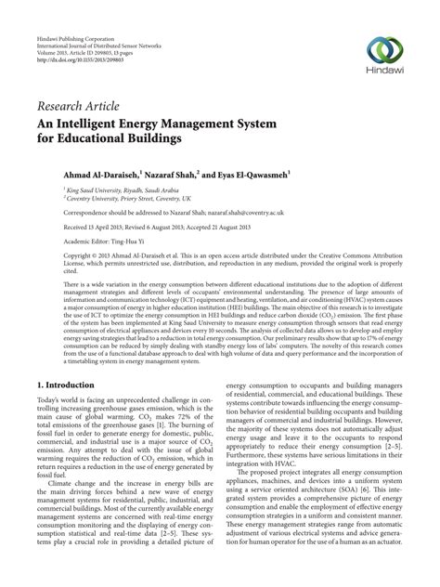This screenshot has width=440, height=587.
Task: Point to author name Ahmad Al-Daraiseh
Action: coord(86,174)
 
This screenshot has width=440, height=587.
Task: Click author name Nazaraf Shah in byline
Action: coord(170,174)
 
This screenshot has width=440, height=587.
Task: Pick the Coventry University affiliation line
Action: coord(114,197)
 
